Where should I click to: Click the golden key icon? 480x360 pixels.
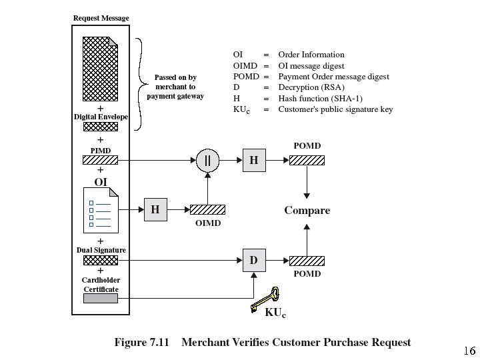coord(264,299)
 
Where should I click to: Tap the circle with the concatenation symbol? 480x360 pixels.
coord(207,160)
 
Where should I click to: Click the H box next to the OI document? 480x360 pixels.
coord(155,210)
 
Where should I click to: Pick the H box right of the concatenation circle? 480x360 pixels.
coord(253,160)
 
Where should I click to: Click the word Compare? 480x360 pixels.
coord(307,211)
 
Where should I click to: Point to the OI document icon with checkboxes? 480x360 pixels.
coord(100,209)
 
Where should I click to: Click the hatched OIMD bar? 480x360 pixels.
coord(207,209)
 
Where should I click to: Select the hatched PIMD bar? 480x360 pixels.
coord(100,160)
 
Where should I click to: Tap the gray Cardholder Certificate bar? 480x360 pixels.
coord(100,299)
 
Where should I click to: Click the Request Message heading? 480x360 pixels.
coord(100,18)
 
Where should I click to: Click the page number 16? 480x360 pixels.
coord(468,351)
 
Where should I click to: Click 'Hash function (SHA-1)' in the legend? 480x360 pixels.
coord(320,99)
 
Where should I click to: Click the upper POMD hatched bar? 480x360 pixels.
coord(307,160)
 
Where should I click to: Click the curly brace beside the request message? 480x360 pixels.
coord(139,83)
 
